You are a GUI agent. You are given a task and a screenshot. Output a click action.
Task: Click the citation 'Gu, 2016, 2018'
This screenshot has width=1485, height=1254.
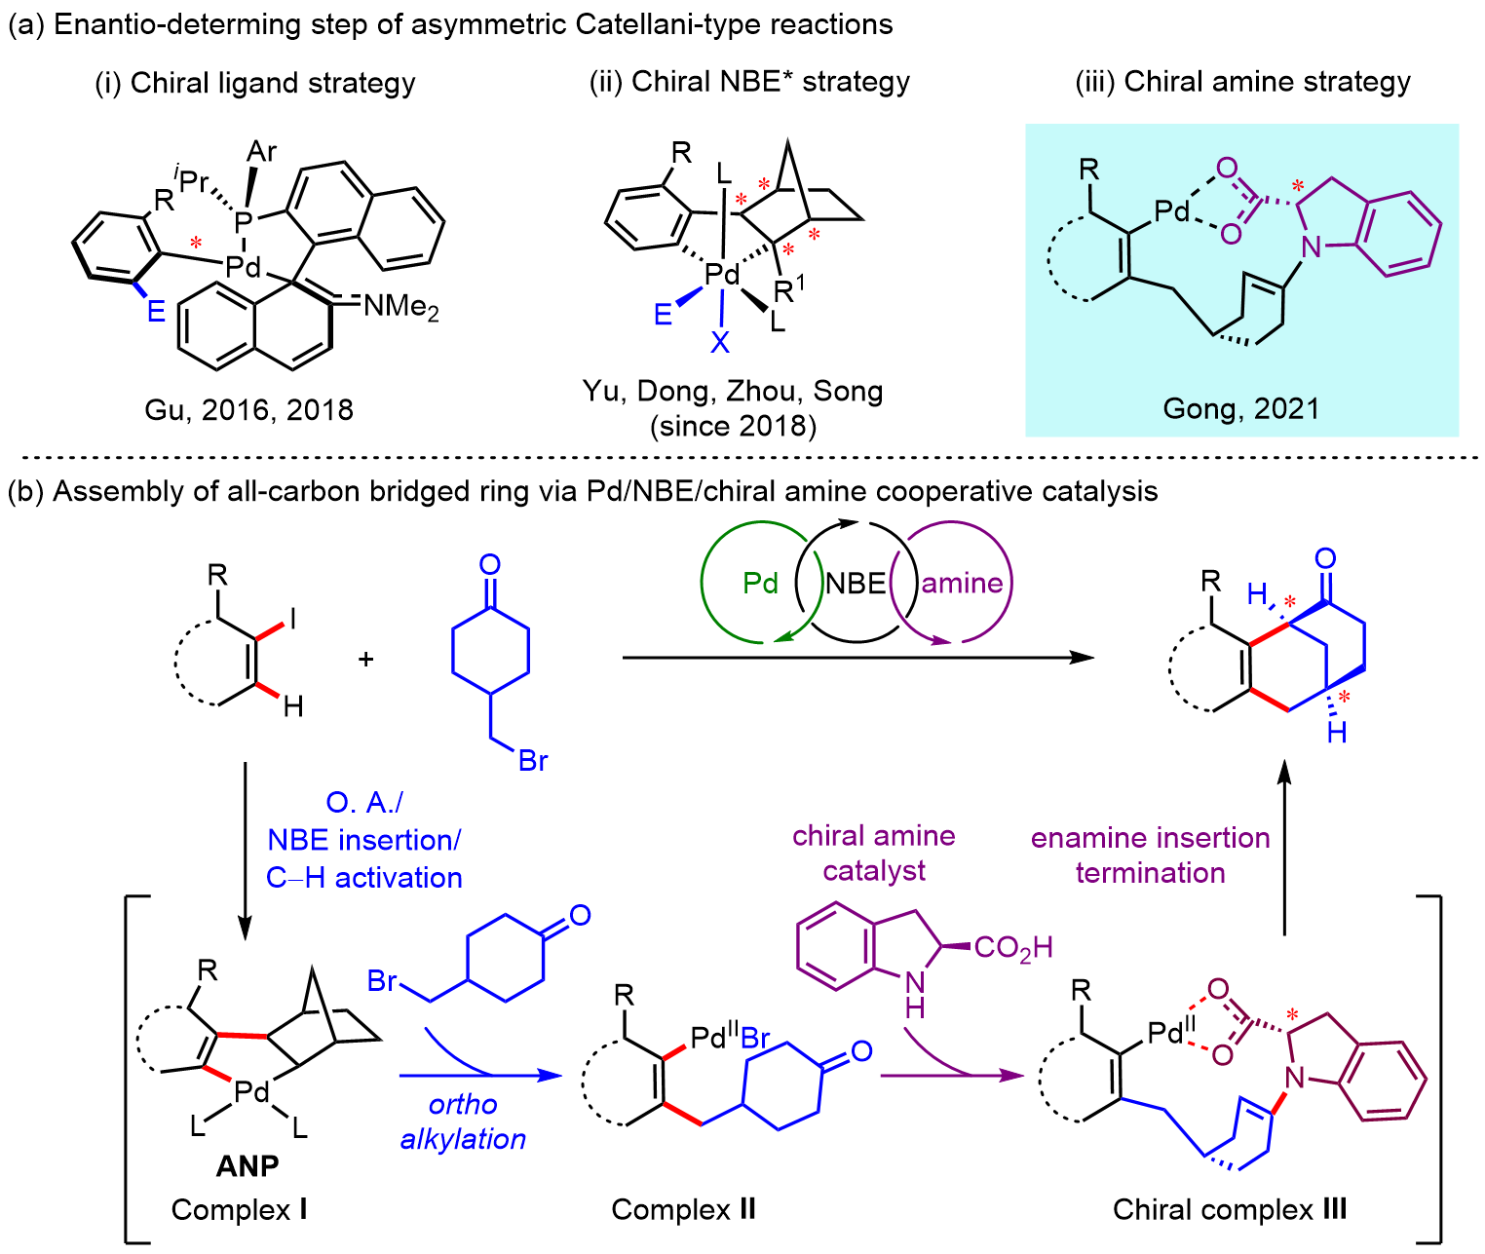(248, 409)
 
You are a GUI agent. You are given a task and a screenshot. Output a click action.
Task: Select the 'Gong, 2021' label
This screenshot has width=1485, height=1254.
(1240, 407)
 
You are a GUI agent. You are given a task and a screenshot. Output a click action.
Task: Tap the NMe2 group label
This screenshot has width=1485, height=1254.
(400, 307)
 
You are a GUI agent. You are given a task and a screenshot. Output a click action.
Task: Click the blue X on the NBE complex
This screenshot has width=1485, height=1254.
(720, 341)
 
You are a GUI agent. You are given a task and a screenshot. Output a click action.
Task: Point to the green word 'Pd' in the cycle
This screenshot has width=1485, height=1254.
(760, 583)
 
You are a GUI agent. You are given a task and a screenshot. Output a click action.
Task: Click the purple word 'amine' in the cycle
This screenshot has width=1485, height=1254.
(962, 583)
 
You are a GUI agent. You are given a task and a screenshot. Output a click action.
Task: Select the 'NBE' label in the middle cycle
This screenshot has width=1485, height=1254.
(856, 583)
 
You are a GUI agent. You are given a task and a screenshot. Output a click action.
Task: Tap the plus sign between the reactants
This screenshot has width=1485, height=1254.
(366, 659)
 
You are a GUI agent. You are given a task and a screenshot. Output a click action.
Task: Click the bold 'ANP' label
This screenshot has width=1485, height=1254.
(247, 1165)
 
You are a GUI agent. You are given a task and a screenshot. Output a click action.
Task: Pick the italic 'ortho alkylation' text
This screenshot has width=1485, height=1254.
(463, 1121)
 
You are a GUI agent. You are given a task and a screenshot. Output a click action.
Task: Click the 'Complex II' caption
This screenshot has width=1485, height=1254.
(683, 1209)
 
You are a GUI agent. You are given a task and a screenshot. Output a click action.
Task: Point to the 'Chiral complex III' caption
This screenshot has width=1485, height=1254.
(1230, 1209)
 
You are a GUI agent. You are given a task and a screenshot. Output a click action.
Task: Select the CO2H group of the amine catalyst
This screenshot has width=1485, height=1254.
(1013, 947)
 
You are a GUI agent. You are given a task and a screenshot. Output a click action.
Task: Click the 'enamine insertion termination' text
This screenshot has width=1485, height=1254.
(1150, 855)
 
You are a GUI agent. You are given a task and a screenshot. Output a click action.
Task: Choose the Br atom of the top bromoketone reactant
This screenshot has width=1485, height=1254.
(533, 760)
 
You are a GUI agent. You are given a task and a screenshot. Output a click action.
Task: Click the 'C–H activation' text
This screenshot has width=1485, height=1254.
(363, 877)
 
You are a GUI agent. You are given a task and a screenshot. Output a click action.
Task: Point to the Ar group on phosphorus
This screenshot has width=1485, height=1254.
(261, 151)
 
